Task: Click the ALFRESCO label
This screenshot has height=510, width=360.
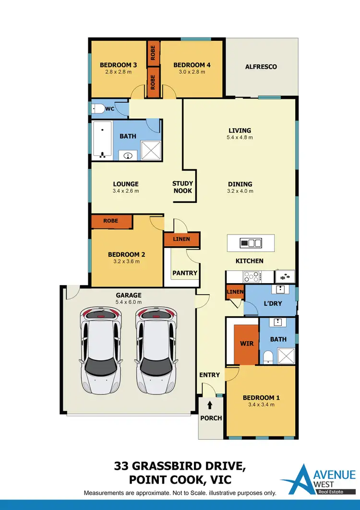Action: click(x=261, y=67)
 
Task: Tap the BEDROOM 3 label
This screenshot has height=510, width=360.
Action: click(x=119, y=65)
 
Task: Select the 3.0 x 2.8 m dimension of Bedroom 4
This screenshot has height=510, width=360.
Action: click(x=192, y=72)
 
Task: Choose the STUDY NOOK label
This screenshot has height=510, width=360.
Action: click(x=182, y=187)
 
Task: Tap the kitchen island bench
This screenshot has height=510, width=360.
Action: click(x=251, y=243)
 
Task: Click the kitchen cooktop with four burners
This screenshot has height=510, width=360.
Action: click(x=252, y=276)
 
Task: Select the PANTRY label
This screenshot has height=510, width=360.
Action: click(x=185, y=273)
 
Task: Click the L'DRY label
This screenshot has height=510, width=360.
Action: click(x=272, y=303)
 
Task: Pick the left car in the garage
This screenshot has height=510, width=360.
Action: click(x=101, y=350)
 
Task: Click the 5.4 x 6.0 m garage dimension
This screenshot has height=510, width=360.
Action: click(x=129, y=302)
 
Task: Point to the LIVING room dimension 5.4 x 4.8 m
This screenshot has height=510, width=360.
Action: click(x=240, y=137)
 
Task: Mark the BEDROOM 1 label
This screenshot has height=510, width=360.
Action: click(x=261, y=398)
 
